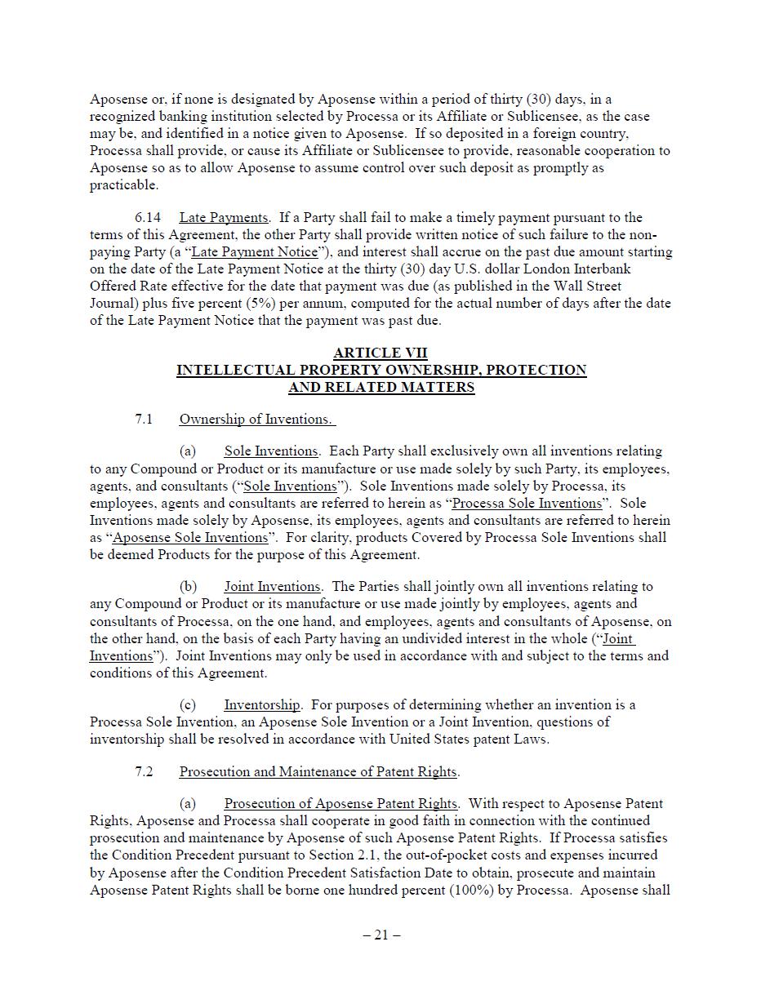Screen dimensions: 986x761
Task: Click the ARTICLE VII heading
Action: click(380, 353)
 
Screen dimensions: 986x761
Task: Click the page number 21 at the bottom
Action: click(381, 935)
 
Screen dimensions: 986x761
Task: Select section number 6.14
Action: click(148, 217)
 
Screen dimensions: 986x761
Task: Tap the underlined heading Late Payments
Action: click(224, 217)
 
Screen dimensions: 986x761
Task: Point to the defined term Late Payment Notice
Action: click(254, 252)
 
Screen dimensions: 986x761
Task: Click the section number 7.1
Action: click(144, 419)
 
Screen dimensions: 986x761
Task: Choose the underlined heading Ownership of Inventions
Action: click(256, 419)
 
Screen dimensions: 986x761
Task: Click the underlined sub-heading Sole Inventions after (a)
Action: click(271, 451)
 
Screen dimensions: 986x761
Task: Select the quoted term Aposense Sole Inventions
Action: click(190, 537)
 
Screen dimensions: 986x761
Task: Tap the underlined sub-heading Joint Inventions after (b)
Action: click(272, 586)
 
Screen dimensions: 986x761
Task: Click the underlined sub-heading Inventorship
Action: click(262, 704)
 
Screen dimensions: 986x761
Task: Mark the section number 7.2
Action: click(144, 771)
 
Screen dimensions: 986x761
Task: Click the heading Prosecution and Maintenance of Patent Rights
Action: click(318, 771)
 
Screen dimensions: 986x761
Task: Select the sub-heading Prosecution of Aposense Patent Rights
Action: click(340, 803)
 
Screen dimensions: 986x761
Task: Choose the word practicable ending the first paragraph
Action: click(122, 185)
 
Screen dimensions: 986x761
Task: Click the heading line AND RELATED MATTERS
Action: click(381, 387)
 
